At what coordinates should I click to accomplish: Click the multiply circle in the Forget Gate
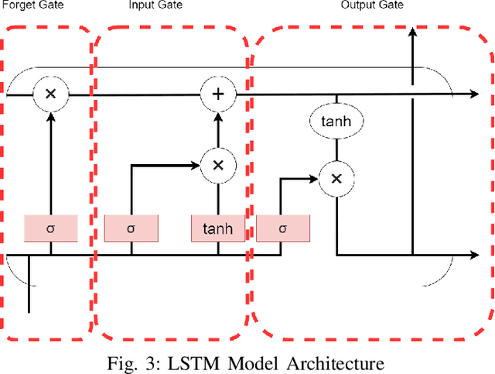[50, 94]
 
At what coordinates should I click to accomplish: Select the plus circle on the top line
[217, 94]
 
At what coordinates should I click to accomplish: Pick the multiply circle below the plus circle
[217, 164]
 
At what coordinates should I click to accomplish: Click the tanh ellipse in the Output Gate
[336, 121]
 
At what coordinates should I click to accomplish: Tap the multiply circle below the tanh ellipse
[336, 179]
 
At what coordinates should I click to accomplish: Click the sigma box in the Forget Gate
[50, 228]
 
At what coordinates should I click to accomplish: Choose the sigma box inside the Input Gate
[131, 228]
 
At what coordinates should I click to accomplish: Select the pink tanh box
[217, 228]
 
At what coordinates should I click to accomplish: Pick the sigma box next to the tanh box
[282, 228]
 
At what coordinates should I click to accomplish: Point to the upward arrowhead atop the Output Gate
[413, 33]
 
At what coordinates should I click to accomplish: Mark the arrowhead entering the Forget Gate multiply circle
[50, 116]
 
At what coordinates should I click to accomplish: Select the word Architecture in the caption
[340, 362]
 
